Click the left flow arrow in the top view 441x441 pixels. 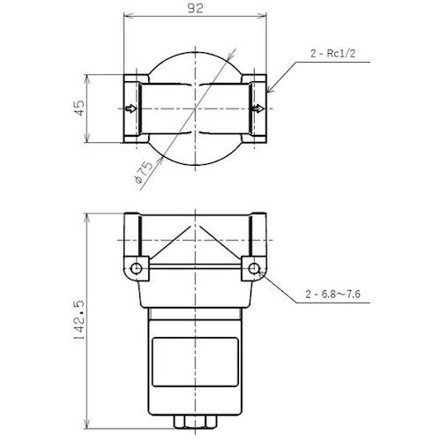[132, 109]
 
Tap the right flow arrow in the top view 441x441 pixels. [256, 109]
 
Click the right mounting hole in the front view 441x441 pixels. [254, 266]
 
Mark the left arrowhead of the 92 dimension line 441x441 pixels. [125, 17]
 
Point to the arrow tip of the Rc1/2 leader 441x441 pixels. [265, 92]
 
